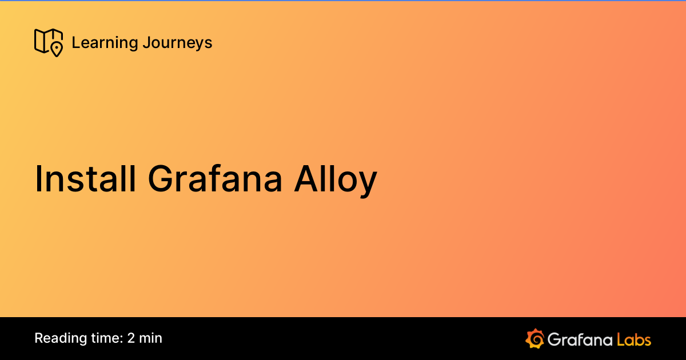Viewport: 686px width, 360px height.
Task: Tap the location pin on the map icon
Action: point(56,49)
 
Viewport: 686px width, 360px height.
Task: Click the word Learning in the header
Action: point(105,43)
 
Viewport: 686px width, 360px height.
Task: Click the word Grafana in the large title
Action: point(215,179)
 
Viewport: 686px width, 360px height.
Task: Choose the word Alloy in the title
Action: point(336,179)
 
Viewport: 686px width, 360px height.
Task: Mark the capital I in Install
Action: point(39,179)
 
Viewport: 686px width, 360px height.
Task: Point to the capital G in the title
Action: point(161,179)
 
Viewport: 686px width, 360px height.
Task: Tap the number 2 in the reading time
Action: point(131,338)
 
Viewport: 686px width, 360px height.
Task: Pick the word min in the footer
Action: point(151,338)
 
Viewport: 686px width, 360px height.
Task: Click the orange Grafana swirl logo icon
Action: point(535,338)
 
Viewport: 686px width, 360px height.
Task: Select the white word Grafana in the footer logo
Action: point(579,339)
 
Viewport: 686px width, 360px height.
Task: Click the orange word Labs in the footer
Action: point(634,339)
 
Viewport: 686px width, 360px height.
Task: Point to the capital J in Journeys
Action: point(147,43)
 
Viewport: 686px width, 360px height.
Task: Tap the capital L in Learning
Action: point(75,43)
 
